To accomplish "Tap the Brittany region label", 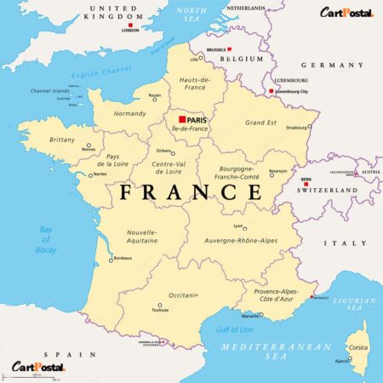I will (62, 139).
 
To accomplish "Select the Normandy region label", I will (130, 113).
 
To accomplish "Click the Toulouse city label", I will (159, 311).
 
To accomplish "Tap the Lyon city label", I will (239, 227).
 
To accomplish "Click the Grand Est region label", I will (261, 122).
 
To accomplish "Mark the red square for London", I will (129, 25).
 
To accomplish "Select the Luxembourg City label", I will (290, 90).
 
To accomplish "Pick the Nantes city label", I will (100, 174).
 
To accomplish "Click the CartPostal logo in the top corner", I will (346, 12).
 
